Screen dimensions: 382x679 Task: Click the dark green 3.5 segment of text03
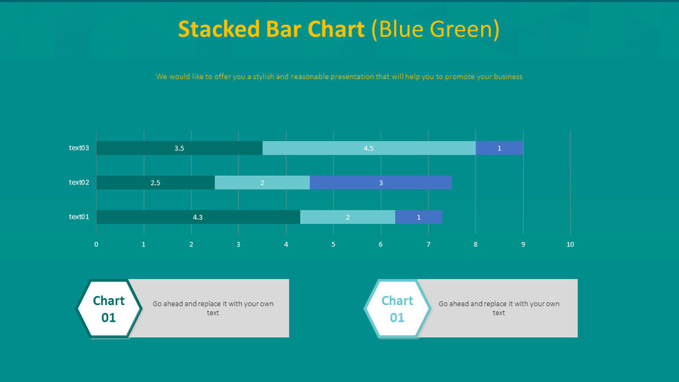click(x=179, y=148)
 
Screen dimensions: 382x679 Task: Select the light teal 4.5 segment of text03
click(x=368, y=148)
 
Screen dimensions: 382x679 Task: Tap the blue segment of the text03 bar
click(x=499, y=148)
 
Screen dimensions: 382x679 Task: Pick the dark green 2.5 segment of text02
click(x=155, y=183)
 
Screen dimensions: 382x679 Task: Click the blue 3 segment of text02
click(x=381, y=183)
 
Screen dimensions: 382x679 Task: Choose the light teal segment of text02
click(x=262, y=183)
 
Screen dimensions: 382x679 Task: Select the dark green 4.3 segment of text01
click(x=198, y=217)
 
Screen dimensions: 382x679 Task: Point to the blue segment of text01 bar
click(x=419, y=217)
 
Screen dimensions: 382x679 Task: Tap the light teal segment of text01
click(x=347, y=217)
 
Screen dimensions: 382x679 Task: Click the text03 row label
click(x=79, y=148)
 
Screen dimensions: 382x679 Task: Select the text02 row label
click(x=79, y=182)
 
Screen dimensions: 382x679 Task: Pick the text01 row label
click(x=79, y=216)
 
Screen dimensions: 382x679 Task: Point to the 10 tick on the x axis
click(x=570, y=245)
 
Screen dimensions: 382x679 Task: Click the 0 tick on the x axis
click(x=96, y=245)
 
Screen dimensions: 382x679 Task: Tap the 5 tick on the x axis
click(x=333, y=245)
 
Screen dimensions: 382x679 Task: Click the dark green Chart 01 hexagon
click(x=109, y=309)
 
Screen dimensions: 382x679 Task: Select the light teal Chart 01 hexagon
click(x=397, y=309)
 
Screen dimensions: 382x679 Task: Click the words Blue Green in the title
click(x=435, y=30)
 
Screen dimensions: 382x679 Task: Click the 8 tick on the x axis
click(x=476, y=245)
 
